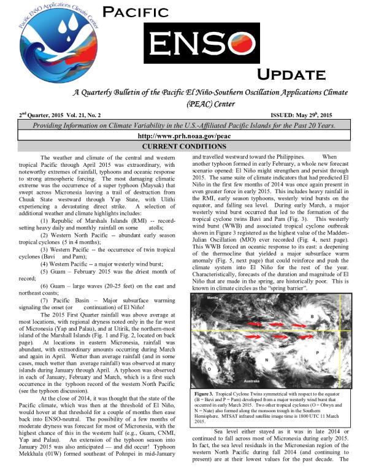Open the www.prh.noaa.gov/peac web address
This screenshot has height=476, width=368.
pyautogui.click(x=183, y=136)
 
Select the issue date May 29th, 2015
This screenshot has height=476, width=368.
pyautogui.click(x=329, y=115)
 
